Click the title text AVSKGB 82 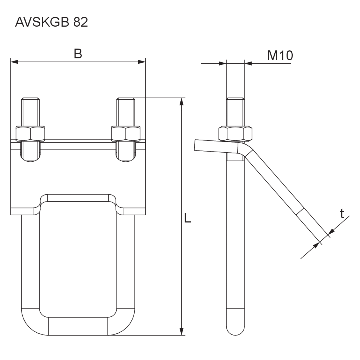pos(51,22)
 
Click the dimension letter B pos(78,54)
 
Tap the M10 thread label pos(280,55)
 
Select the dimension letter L pos(187,218)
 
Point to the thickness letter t pos(342,213)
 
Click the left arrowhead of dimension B pos(14,62)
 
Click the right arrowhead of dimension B pos(142,62)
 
